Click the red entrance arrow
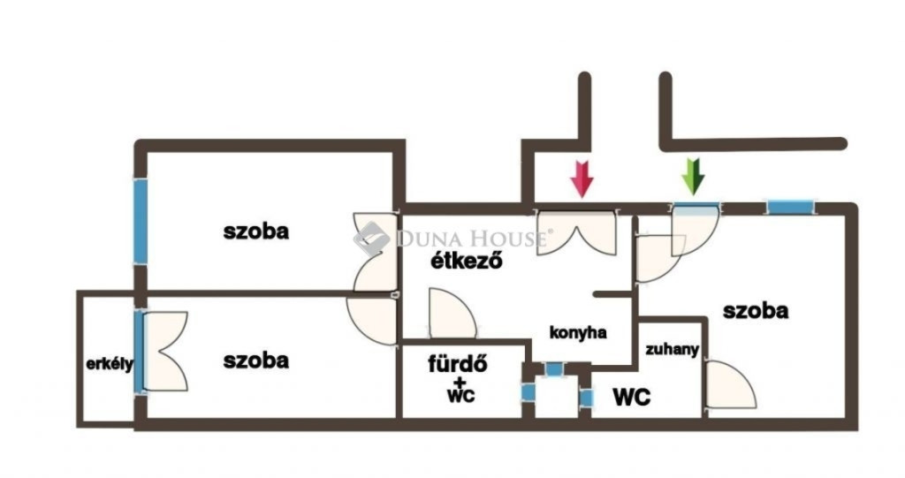pos(581,178)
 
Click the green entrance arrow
pos(694,176)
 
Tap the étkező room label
pos(466,262)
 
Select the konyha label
pos(578,333)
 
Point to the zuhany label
pos(672,350)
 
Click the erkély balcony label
pos(110,364)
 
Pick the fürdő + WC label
pos(458,378)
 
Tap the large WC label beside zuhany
pos(632,398)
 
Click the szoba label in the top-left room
pos(256,232)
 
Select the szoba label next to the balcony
pos(255,360)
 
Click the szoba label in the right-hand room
pos(756,311)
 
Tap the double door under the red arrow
pos(575,231)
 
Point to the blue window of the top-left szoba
pos(141,220)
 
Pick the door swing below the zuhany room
pos(730,386)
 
